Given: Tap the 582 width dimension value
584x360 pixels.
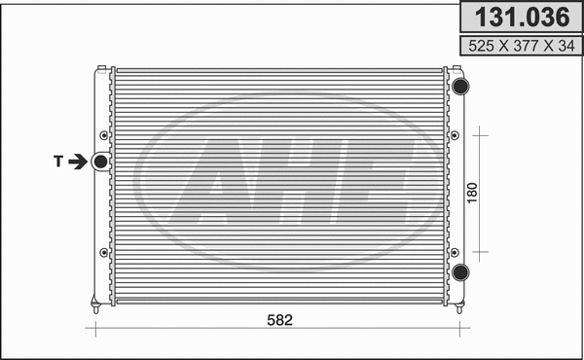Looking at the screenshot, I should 279,320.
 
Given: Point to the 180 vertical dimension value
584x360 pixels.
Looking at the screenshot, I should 472,192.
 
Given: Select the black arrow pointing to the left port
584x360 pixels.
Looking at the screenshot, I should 78,162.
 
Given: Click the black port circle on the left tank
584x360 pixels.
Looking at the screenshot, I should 100,162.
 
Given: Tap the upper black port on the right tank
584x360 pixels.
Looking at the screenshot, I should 460,86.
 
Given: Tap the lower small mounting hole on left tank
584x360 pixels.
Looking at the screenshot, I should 102,253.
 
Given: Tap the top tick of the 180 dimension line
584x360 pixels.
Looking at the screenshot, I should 477,133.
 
